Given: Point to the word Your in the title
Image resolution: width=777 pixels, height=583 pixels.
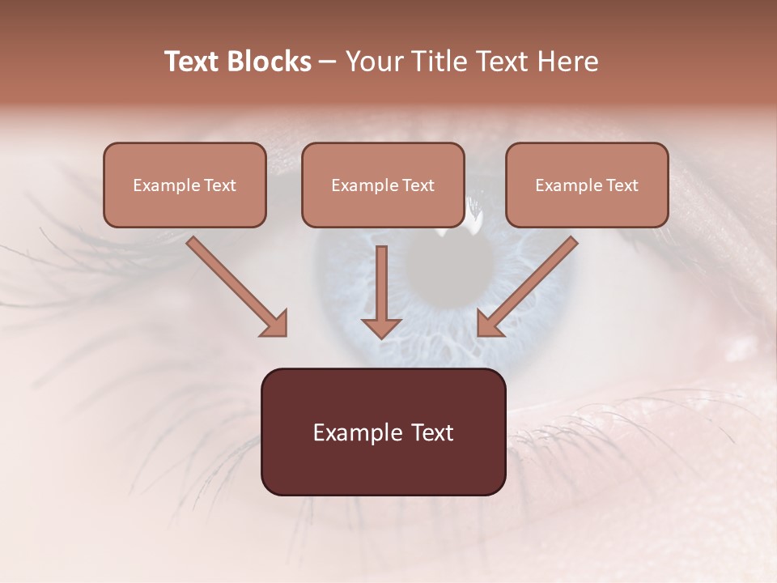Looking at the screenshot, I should (374, 62).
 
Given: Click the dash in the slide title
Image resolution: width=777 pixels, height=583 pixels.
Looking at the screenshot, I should (328, 62).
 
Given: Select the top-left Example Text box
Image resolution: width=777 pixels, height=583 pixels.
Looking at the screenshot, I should (185, 185).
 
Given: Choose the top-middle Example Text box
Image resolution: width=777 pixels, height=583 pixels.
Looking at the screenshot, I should (383, 185).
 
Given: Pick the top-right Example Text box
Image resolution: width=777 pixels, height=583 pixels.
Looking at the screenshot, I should (587, 185).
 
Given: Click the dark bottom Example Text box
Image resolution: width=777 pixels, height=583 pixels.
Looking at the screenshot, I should (383, 432).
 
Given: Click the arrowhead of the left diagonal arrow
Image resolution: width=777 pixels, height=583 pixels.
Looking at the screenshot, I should (275, 324).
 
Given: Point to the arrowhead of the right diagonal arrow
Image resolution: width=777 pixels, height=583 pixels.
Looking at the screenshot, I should (488, 324).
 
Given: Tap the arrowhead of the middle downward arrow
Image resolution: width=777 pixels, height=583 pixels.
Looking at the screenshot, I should (381, 327).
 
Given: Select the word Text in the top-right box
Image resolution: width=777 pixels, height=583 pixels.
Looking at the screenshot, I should (622, 185).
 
